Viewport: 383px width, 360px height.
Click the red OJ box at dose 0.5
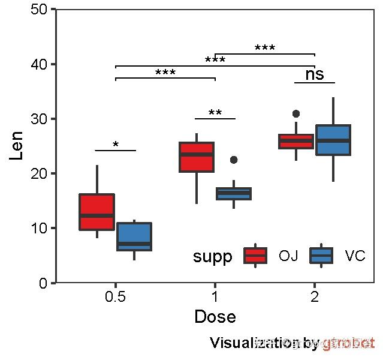97,211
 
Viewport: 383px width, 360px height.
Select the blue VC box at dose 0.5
134,236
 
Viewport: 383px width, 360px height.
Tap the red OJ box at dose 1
197,157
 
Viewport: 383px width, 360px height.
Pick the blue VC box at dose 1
234,193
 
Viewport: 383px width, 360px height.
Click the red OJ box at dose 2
296,142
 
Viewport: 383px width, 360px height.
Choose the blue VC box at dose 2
333,140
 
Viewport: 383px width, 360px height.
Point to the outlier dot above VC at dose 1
234,160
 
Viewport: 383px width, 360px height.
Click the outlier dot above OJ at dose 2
296,113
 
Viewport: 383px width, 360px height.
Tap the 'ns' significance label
314,74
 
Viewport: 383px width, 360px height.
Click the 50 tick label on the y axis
41,10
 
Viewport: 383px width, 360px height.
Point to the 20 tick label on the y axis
41,173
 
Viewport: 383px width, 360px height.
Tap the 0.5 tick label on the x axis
116,297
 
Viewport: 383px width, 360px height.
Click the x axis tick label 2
315,297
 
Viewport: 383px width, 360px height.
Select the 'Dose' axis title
215,317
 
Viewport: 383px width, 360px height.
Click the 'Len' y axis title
17,146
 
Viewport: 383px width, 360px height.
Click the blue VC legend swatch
321,256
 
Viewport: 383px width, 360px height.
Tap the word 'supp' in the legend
212,257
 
